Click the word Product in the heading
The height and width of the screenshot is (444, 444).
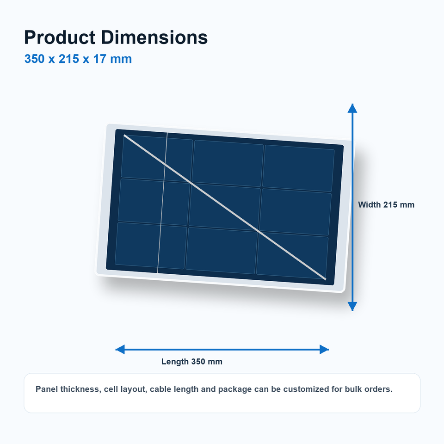[x=60, y=37]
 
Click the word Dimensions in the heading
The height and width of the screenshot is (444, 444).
[x=154, y=37]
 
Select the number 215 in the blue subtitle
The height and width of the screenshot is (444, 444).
[x=69, y=59]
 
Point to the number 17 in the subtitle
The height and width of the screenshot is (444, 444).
[x=100, y=59]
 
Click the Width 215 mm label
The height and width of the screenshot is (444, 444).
[x=386, y=205]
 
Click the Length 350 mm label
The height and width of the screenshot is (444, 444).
[x=191, y=362]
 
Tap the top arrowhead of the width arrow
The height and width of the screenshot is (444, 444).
[x=352, y=108]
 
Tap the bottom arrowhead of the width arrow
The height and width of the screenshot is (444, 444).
[x=352, y=307]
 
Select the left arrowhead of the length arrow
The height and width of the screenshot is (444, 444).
[x=120, y=350]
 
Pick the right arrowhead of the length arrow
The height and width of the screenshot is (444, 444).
[x=324, y=350]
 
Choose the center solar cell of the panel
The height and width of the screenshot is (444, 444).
[x=225, y=207]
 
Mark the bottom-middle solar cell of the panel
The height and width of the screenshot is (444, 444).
[x=222, y=251]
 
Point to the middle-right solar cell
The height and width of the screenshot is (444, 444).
[x=296, y=212]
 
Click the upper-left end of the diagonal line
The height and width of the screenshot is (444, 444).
[x=124, y=136]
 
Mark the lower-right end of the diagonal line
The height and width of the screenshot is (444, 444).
[x=326, y=279]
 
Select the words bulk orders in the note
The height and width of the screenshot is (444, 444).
[x=369, y=389]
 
